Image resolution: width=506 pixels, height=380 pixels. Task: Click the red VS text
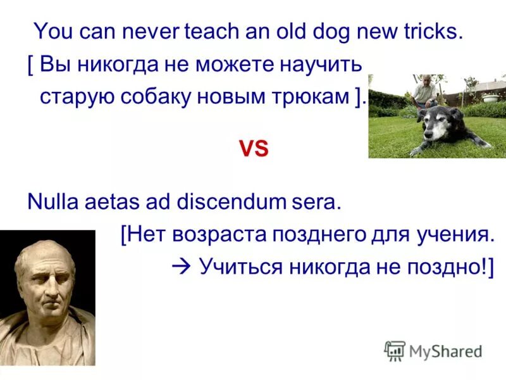click(x=253, y=149)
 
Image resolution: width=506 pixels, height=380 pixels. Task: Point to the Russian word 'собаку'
click(x=168, y=96)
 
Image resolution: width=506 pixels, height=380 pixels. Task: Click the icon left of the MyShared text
click(x=395, y=350)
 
